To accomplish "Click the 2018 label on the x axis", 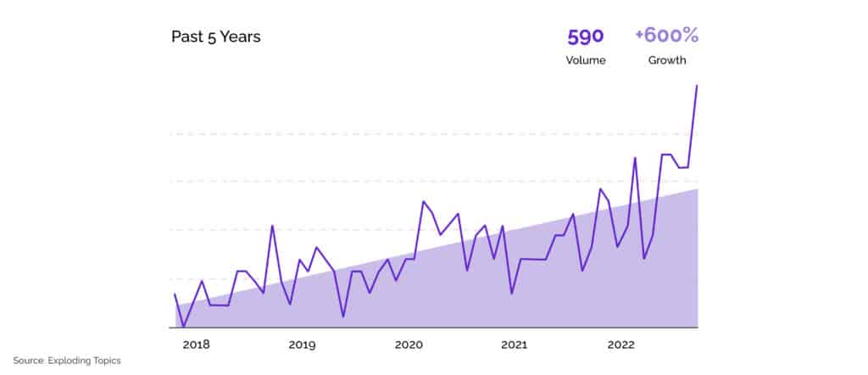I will pyautogui.click(x=196, y=345).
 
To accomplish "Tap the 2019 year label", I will pyautogui.click(x=302, y=345).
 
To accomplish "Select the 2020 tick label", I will pyautogui.click(x=409, y=345).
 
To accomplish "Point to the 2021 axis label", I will pyautogui.click(x=515, y=345).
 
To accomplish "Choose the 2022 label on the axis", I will pyautogui.click(x=621, y=345).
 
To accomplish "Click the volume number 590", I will pyautogui.click(x=585, y=36).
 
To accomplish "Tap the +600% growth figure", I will pyautogui.click(x=666, y=36).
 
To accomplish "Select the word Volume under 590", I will pyautogui.click(x=586, y=60).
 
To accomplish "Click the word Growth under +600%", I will pyautogui.click(x=667, y=60).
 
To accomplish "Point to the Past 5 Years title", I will pyautogui.click(x=215, y=36).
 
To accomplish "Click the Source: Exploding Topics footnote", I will pyautogui.click(x=67, y=361).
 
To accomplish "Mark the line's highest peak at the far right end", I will pyautogui.click(x=697, y=86).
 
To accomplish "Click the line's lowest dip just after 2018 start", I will pyautogui.click(x=183, y=326).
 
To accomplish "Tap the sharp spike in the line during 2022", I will pyautogui.click(x=635, y=158).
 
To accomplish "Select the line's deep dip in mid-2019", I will pyautogui.click(x=343, y=316).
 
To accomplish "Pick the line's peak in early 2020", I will pyautogui.click(x=423, y=201).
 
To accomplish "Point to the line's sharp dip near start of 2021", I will pyautogui.click(x=511, y=294).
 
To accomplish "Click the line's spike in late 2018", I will pyautogui.click(x=272, y=226).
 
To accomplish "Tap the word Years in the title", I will pyautogui.click(x=238, y=36).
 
